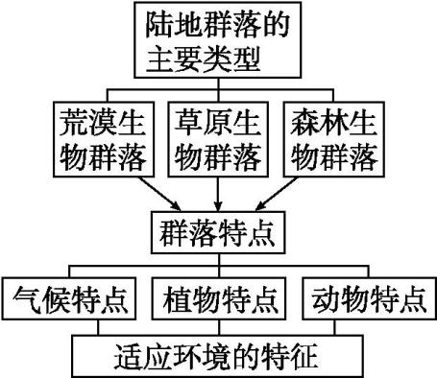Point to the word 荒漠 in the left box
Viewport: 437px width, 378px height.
click(70, 125)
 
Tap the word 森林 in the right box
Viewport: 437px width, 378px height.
click(323, 125)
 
